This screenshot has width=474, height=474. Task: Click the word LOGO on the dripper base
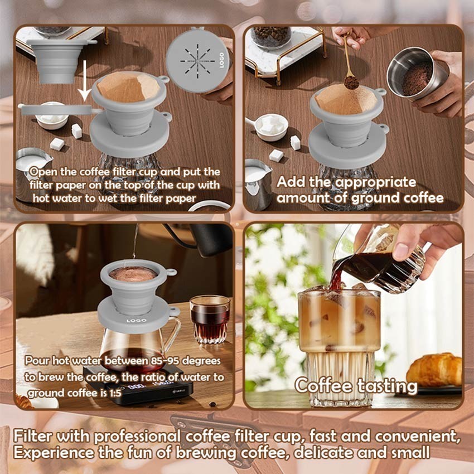point(137,320)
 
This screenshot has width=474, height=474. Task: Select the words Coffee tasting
point(355,385)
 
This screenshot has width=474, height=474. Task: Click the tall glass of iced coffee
point(338,346)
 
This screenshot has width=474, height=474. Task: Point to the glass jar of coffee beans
point(271,36)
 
